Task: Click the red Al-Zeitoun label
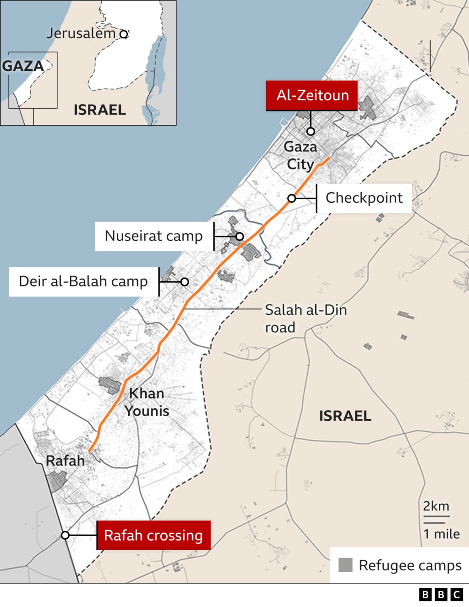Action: (312, 96)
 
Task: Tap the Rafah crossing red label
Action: (153, 535)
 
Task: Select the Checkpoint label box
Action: (364, 198)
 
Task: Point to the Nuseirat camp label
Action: (154, 236)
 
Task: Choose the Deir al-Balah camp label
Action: (83, 282)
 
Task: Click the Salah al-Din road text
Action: (305, 319)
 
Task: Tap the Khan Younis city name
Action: (147, 402)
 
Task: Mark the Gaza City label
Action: (300, 156)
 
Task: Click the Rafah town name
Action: (65, 461)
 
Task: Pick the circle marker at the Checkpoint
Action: (292, 198)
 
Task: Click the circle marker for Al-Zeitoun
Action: (311, 131)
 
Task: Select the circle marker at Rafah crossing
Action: (65, 535)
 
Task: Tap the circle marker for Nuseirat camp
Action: (240, 236)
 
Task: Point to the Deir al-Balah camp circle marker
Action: (185, 282)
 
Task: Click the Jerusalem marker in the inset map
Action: (123, 34)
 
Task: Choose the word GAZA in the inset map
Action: (23, 66)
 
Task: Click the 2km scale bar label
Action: (436, 506)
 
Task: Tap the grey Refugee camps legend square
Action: (345, 565)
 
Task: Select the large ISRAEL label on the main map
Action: (345, 416)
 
